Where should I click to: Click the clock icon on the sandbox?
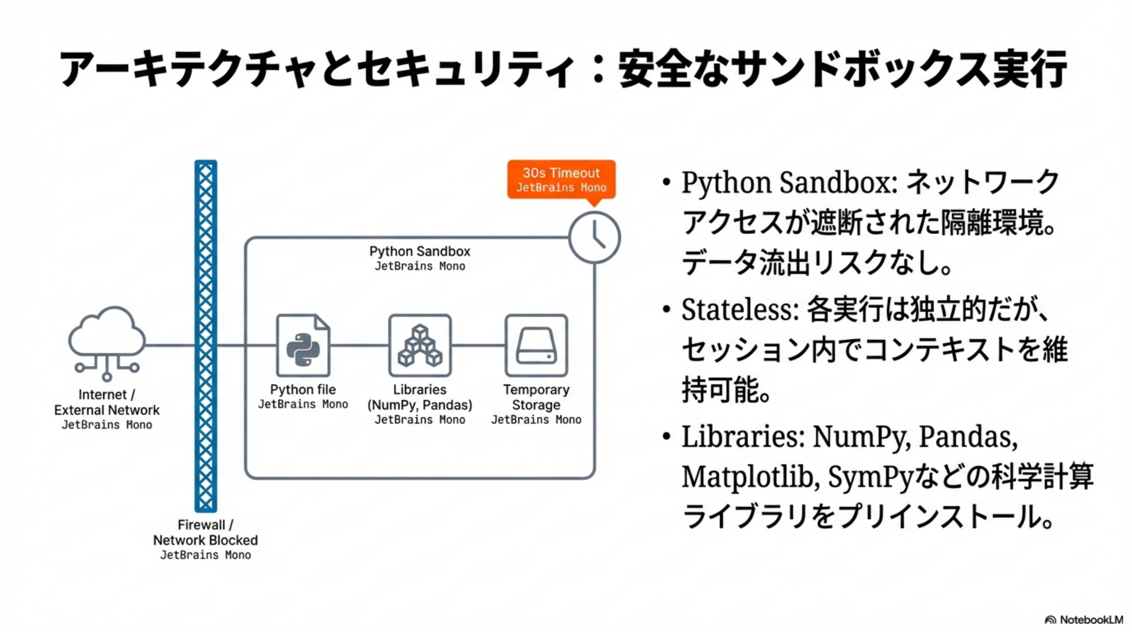(x=594, y=238)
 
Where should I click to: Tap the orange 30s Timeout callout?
(x=561, y=179)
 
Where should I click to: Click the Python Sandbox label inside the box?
(x=420, y=251)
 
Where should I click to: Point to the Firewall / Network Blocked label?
(x=205, y=533)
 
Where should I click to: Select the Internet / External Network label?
(x=107, y=402)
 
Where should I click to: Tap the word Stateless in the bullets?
(x=739, y=310)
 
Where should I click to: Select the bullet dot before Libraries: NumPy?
(x=667, y=437)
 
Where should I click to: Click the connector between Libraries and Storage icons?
(x=478, y=346)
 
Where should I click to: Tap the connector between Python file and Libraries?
(x=360, y=346)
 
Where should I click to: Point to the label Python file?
(x=303, y=390)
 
